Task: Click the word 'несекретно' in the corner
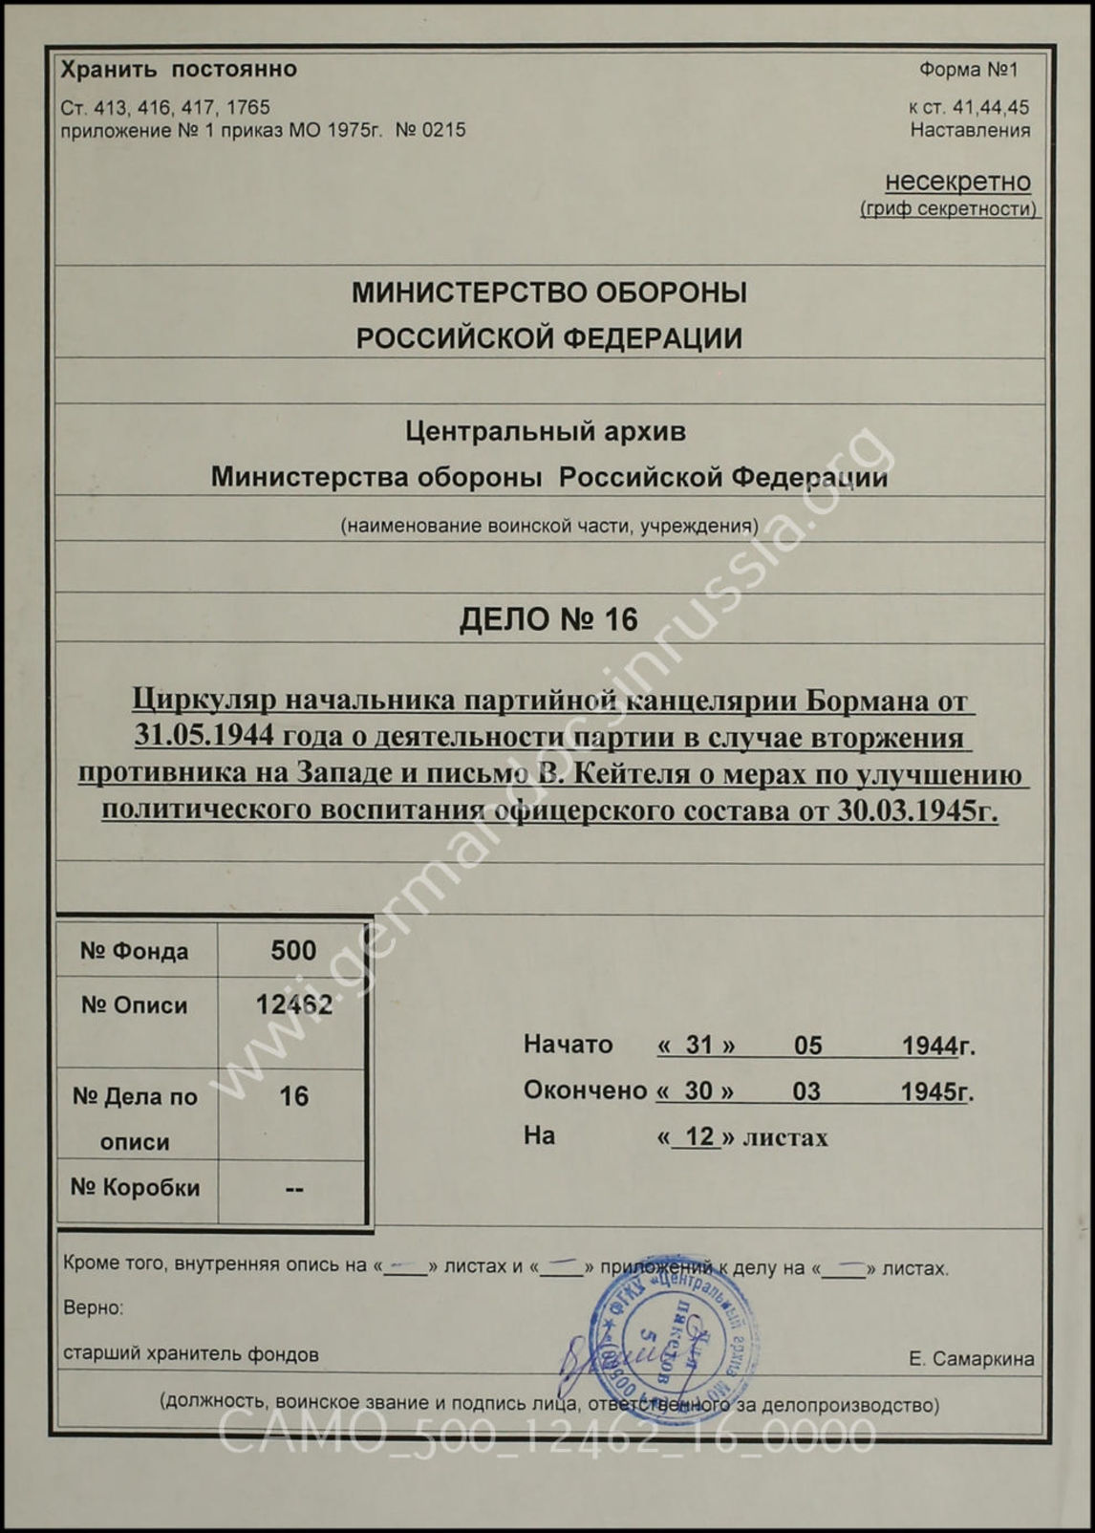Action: [x=957, y=182]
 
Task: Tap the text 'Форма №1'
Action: [x=968, y=70]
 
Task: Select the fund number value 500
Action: [x=292, y=950]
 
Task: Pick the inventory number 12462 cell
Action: [x=292, y=1004]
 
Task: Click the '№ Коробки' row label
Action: [x=136, y=1188]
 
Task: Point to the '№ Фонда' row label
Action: [x=135, y=951]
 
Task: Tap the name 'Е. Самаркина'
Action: [x=971, y=1359]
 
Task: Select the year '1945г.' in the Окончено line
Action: [x=937, y=1091]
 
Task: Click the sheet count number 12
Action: [x=699, y=1136]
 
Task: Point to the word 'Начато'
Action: [x=568, y=1045]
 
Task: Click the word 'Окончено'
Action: [x=585, y=1090]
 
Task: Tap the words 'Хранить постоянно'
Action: [x=179, y=70]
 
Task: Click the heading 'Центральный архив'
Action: [x=546, y=432]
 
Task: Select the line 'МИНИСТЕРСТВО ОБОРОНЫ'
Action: [x=548, y=292]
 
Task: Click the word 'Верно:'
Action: [x=94, y=1307]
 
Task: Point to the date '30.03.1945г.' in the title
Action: [x=917, y=811]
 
